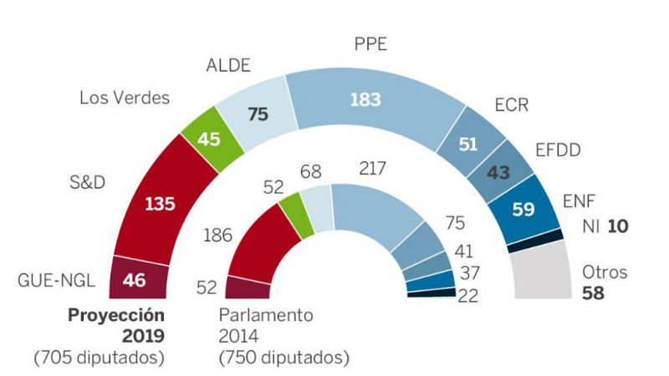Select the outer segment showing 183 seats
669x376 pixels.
tap(366, 99)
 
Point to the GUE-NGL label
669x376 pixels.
tap(55, 280)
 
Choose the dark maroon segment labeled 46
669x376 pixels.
tap(135, 279)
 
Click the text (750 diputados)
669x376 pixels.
tap(283, 357)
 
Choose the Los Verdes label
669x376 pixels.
tap(125, 98)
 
